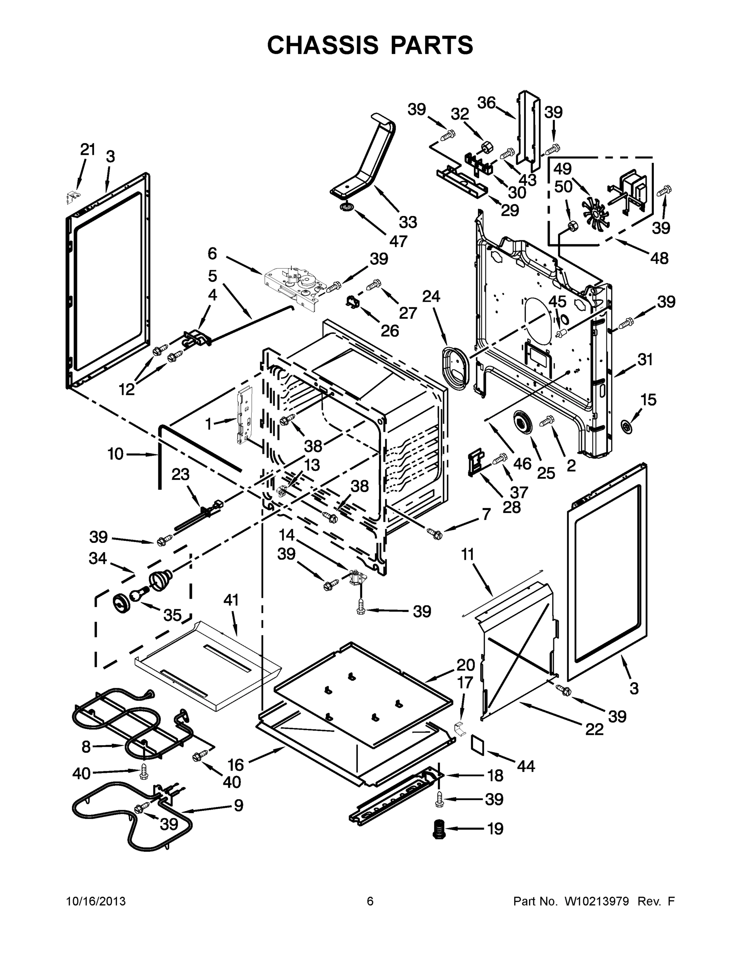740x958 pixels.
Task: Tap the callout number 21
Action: (x=88, y=150)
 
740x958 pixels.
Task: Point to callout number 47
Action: (x=398, y=241)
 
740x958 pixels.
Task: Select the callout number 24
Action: (x=431, y=297)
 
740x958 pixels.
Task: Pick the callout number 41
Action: (x=231, y=600)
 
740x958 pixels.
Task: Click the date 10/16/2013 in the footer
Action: (x=96, y=901)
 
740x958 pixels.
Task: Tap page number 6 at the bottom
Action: (x=370, y=901)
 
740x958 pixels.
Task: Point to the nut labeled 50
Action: (x=572, y=226)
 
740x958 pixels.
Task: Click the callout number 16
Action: (x=235, y=765)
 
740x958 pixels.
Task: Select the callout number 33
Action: (x=408, y=222)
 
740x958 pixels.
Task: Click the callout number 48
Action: (x=659, y=258)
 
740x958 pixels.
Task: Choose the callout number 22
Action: (x=594, y=729)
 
